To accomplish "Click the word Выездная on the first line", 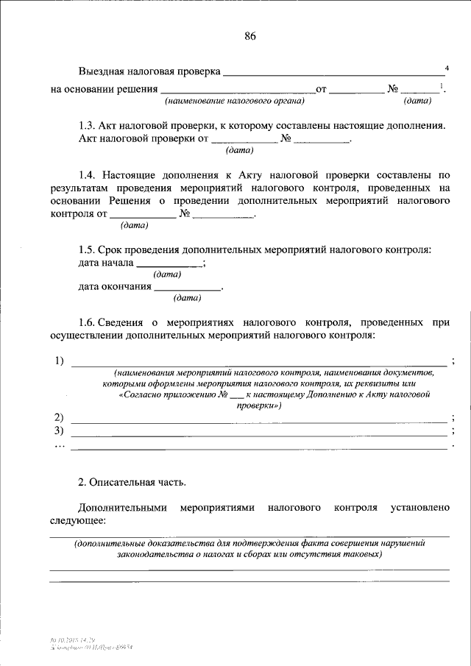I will pyautogui.click(x=102, y=72).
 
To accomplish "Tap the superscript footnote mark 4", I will pyautogui.click(x=447, y=68).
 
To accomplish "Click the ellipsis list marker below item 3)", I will pyautogui.click(x=59, y=444).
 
